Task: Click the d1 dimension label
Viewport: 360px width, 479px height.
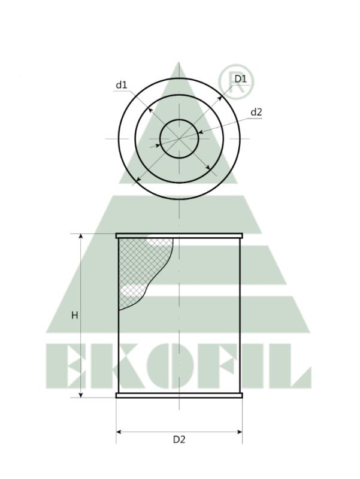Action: pos(121,85)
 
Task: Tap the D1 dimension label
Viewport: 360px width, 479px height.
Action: pos(241,79)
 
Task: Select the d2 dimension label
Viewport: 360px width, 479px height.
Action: pos(256,112)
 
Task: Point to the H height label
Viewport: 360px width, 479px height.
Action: pos(75,315)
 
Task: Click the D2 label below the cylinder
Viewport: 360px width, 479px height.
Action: pos(179,439)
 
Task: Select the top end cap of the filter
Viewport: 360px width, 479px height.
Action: pos(179,236)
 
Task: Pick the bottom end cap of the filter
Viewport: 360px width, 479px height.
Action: pos(179,395)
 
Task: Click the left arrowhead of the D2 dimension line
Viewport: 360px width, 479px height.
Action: pos(119,431)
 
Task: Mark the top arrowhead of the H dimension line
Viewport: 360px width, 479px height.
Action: pos(80,237)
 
